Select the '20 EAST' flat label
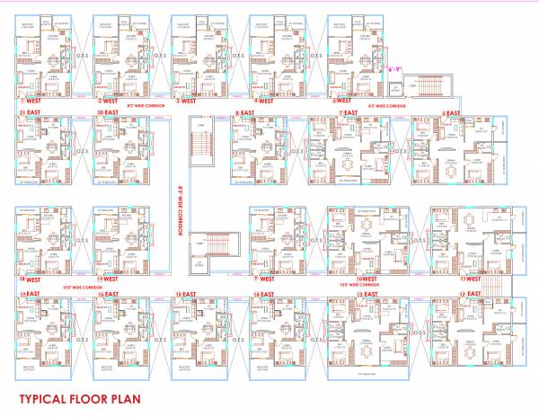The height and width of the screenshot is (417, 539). point(107,112)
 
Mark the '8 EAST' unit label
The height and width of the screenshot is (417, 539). point(242,112)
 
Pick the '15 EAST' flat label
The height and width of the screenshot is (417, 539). point(184,294)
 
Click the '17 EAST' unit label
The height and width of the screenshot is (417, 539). point(29,294)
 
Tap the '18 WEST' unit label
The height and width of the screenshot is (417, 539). point(29,279)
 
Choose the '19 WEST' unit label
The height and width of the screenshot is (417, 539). point(107,279)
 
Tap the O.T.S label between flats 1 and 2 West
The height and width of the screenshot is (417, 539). point(84,53)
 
